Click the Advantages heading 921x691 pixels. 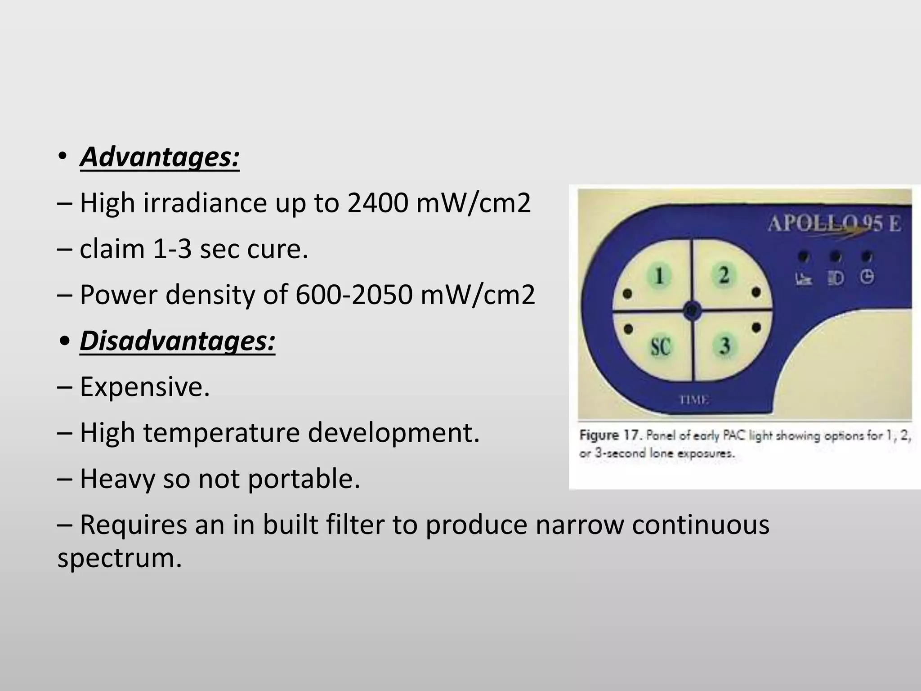click(x=160, y=157)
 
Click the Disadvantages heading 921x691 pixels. click(x=177, y=341)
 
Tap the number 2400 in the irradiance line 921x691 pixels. click(x=377, y=203)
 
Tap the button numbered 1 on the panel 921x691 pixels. click(x=658, y=275)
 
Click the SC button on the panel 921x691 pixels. click(x=660, y=346)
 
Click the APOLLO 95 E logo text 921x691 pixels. click(x=834, y=224)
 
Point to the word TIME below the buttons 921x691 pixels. click(x=693, y=399)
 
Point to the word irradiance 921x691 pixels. click(x=205, y=203)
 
